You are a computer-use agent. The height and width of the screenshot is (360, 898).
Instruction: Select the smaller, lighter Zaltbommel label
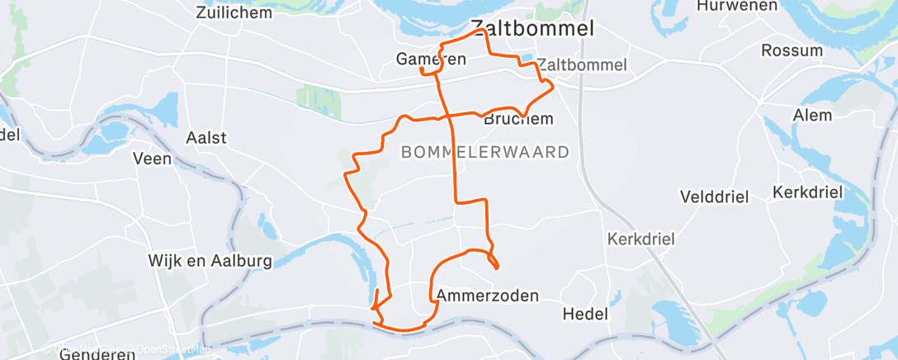click(x=582, y=64)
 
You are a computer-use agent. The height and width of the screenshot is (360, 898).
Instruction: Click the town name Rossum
click(x=792, y=50)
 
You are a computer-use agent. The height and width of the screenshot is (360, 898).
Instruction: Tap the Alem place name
click(x=812, y=115)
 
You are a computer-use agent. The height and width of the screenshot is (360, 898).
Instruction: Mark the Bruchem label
click(x=518, y=120)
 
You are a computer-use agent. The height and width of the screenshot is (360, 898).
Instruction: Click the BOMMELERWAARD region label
click(x=485, y=152)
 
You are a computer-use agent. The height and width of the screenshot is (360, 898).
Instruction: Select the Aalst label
click(x=206, y=137)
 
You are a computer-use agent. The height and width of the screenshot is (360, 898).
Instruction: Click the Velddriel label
click(x=713, y=197)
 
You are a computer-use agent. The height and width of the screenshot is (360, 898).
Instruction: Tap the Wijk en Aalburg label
click(x=210, y=261)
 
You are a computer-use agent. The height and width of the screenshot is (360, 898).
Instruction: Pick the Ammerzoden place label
click(x=487, y=295)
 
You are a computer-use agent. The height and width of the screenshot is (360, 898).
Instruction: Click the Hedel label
click(x=584, y=314)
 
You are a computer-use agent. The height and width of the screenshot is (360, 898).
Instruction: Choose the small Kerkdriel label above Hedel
click(x=640, y=239)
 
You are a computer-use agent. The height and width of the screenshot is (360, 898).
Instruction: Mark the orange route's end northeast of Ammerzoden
click(x=496, y=267)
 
